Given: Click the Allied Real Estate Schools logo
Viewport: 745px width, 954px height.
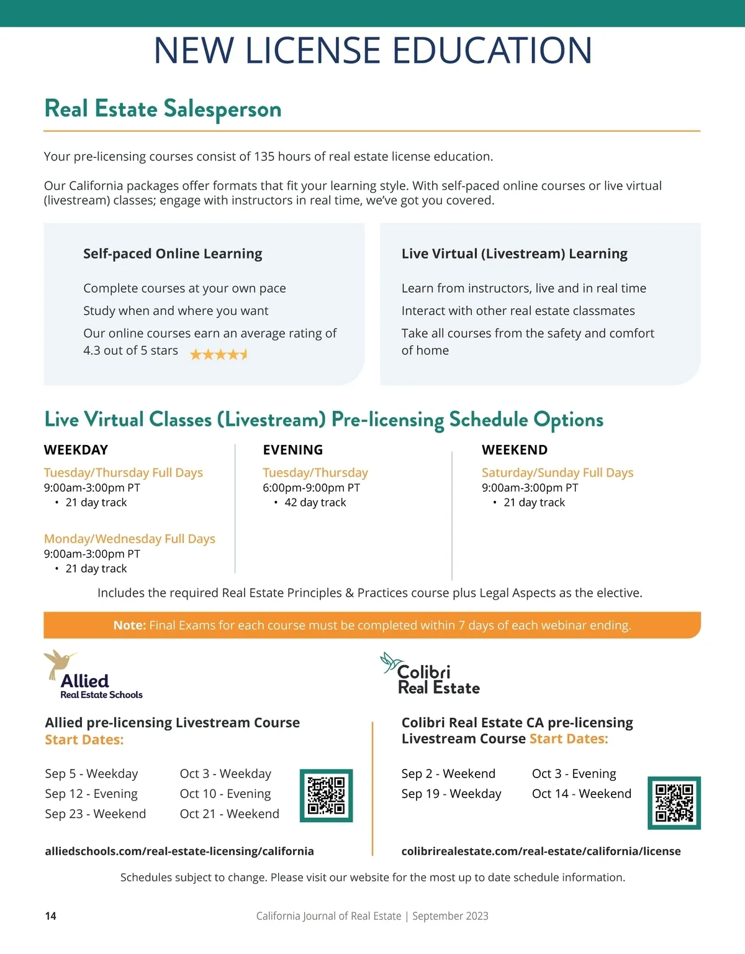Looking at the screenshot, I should [x=93, y=676].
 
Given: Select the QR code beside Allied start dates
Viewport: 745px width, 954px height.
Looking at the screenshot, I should [x=326, y=796].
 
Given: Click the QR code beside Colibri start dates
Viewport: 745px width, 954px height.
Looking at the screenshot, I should [x=674, y=802].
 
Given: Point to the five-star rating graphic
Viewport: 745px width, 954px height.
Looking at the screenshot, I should [x=219, y=354].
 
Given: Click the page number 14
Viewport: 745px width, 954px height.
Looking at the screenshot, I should [x=50, y=916].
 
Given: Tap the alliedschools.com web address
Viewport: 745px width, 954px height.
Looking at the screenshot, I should [x=179, y=851].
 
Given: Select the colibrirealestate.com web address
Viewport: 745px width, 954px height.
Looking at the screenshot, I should [x=541, y=851].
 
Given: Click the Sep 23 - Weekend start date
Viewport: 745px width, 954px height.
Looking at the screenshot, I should [x=95, y=814].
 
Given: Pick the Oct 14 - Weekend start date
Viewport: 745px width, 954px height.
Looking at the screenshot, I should [x=581, y=794].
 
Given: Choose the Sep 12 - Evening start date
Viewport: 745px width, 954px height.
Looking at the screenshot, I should [x=91, y=794].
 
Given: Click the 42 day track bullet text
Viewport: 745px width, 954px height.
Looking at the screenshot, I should [x=315, y=503].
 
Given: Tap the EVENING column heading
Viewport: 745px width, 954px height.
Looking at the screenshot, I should [x=292, y=450].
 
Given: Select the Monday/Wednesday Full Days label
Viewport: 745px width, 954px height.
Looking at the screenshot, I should [x=129, y=539].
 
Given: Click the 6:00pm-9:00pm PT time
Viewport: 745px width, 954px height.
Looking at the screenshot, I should [x=311, y=488].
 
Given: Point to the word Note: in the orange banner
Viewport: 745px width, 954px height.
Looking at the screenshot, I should [x=129, y=625].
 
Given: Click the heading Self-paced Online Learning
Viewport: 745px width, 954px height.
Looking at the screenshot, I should [x=173, y=254].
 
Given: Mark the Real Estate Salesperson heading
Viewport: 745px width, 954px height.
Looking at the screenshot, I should [x=163, y=109].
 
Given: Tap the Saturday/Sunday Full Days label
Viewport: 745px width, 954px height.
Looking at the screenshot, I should [x=558, y=473].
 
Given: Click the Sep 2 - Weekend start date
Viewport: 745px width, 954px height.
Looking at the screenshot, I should [x=448, y=774].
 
